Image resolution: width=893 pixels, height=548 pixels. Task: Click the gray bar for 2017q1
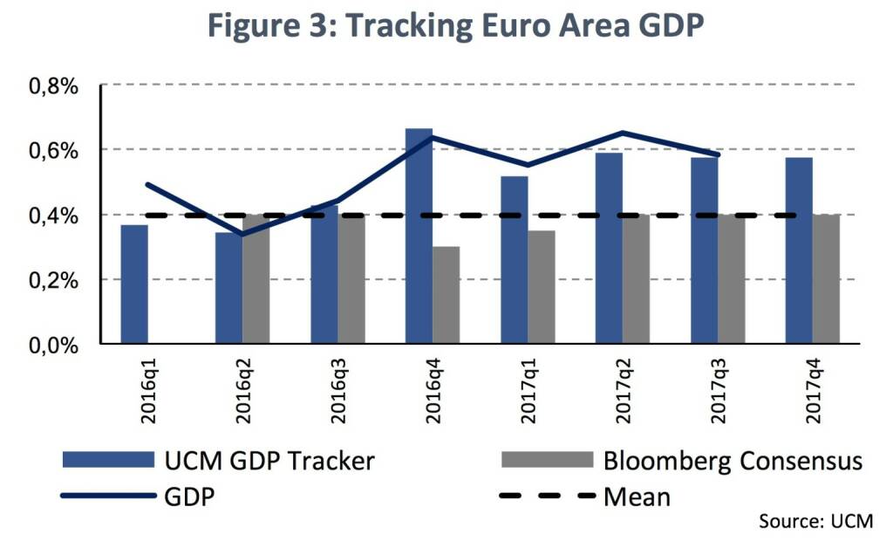pyautogui.click(x=541, y=287)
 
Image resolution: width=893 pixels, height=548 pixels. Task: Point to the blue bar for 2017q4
pyautogui.click(x=799, y=250)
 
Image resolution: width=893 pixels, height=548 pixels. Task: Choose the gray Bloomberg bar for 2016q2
pyautogui.click(x=256, y=279)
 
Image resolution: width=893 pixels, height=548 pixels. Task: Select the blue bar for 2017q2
pyautogui.click(x=608, y=248)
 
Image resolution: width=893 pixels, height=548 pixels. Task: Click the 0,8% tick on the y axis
pyautogui.click(x=54, y=86)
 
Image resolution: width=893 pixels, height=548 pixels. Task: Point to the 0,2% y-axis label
pyautogui.click(x=54, y=280)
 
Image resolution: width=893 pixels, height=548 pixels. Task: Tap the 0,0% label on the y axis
pyautogui.click(x=54, y=345)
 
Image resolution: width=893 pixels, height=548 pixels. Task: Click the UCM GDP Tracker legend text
pyautogui.click(x=269, y=460)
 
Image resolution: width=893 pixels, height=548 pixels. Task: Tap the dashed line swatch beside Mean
pyautogui.click(x=545, y=497)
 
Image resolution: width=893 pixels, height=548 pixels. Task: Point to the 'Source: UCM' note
pyautogui.click(x=815, y=522)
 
